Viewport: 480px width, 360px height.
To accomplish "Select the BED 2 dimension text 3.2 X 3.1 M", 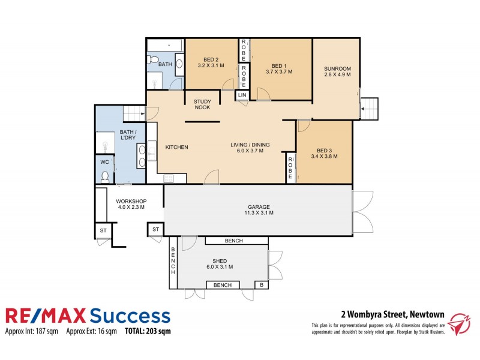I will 211,65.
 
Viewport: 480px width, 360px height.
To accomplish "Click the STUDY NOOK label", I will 202,104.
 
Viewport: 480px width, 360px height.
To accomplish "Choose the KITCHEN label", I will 177,147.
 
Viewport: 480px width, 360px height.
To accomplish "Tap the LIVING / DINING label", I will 251,145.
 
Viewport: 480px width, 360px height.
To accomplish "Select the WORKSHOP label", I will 131,200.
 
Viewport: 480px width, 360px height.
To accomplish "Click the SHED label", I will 220,260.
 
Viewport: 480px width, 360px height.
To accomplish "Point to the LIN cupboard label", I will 242,95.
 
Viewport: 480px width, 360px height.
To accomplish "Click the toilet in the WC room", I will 106,176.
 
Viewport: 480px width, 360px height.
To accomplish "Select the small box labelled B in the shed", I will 261,285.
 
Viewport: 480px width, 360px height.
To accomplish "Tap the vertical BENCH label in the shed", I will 173,260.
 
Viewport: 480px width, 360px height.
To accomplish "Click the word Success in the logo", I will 129,316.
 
